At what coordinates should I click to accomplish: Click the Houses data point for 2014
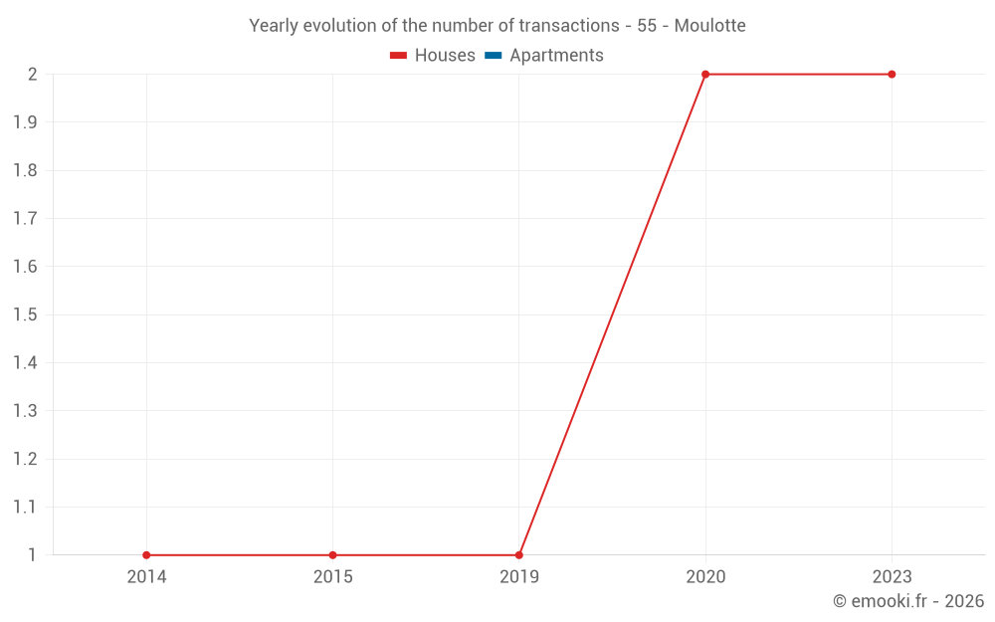[146, 555]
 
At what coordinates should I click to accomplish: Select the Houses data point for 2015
[332, 555]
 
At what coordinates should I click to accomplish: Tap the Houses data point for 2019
[519, 555]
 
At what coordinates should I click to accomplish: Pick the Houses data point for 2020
[705, 75]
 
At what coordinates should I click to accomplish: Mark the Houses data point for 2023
[892, 75]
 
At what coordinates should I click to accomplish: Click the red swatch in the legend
[399, 56]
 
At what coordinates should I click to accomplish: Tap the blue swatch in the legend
[494, 56]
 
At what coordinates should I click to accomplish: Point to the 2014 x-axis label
[146, 577]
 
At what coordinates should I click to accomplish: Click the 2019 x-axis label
[519, 577]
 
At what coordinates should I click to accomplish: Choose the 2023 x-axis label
[892, 577]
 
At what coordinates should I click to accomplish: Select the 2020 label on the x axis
[705, 577]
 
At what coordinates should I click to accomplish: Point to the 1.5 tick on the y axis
[25, 314]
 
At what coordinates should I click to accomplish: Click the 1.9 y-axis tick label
[25, 122]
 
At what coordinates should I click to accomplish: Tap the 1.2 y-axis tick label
[25, 459]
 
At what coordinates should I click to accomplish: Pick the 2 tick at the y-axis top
[32, 75]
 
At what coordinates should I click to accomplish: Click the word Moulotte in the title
[709, 26]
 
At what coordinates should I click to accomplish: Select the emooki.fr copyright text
[908, 601]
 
